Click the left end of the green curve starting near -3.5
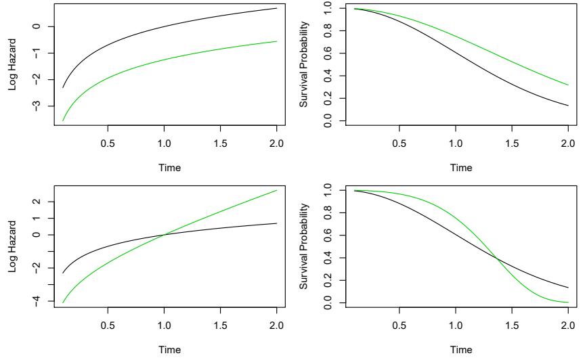click(x=63, y=120)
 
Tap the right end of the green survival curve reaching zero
click(x=567, y=302)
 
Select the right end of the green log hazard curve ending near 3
click(x=277, y=190)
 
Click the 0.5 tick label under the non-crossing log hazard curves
click(x=108, y=143)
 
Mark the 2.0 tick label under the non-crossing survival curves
click(x=567, y=143)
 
